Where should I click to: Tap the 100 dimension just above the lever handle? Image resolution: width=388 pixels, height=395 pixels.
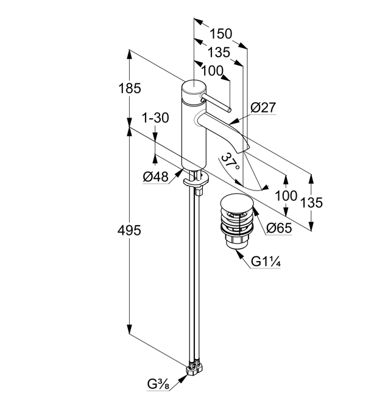pos(211,71)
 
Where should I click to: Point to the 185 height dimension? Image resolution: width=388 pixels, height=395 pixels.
pos(129,88)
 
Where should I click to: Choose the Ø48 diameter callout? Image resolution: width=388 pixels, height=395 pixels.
pos(155,177)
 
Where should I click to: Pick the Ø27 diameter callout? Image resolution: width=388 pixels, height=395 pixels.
pos(263,108)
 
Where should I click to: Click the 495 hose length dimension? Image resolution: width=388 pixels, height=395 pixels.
pos(129,231)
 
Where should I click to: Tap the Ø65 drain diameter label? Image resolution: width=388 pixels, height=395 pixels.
pos(280,228)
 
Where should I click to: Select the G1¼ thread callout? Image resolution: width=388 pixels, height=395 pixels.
pos(266,262)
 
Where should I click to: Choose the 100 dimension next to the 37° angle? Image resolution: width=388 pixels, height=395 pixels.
pos(285,196)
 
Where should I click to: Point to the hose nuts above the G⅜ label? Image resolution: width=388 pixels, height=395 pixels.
pos(196,368)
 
